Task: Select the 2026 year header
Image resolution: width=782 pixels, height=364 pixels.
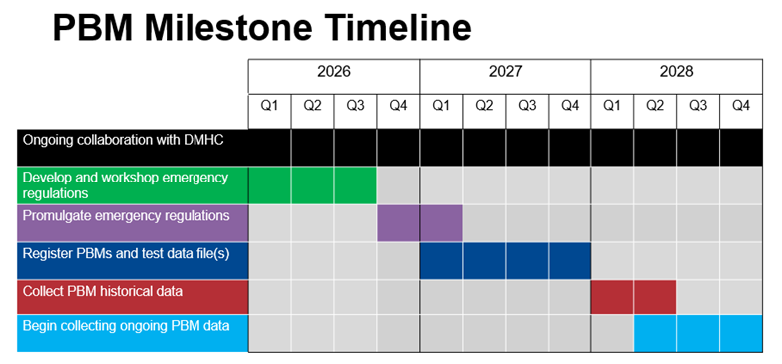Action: click(x=333, y=72)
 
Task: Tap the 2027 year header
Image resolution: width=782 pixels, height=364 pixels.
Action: click(x=505, y=72)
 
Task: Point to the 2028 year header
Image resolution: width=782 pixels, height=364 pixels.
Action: click(x=676, y=72)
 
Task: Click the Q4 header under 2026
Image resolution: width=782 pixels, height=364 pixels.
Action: click(x=398, y=105)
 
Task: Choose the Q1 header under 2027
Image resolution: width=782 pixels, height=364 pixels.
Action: click(x=440, y=105)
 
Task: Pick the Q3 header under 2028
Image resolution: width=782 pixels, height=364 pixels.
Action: click(x=697, y=105)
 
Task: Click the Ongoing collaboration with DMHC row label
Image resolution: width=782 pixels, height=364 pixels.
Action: click(x=122, y=141)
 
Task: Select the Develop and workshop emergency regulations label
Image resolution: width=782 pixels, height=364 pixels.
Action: click(x=125, y=184)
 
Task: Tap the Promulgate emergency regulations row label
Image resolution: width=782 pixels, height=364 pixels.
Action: click(x=126, y=216)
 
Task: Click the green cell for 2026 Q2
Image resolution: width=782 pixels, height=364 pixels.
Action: click(x=312, y=184)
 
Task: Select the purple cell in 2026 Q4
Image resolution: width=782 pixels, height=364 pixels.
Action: click(x=398, y=222)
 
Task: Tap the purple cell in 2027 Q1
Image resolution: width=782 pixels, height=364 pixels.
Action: click(x=440, y=222)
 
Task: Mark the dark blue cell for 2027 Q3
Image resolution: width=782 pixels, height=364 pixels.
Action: click(x=527, y=260)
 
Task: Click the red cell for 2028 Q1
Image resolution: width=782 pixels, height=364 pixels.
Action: click(x=611, y=297)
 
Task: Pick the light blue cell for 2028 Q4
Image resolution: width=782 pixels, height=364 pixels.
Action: click(x=740, y=333)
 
